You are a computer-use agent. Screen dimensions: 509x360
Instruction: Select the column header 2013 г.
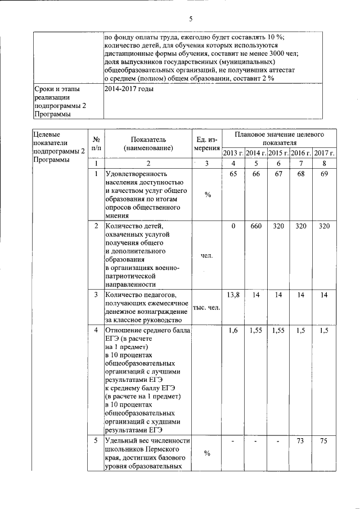233,153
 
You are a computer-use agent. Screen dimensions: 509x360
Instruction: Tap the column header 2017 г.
325,153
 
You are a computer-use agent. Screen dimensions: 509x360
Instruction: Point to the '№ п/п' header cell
96,143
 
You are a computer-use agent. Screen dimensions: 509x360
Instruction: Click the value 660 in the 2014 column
256,226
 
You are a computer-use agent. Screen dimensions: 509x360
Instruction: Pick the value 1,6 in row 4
233,331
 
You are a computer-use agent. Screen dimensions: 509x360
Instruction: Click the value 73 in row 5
301,441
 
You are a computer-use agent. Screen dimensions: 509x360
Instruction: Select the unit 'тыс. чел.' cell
206,308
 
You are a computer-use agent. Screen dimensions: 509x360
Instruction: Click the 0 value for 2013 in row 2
233,226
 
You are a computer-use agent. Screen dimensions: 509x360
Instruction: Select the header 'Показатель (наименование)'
148,143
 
